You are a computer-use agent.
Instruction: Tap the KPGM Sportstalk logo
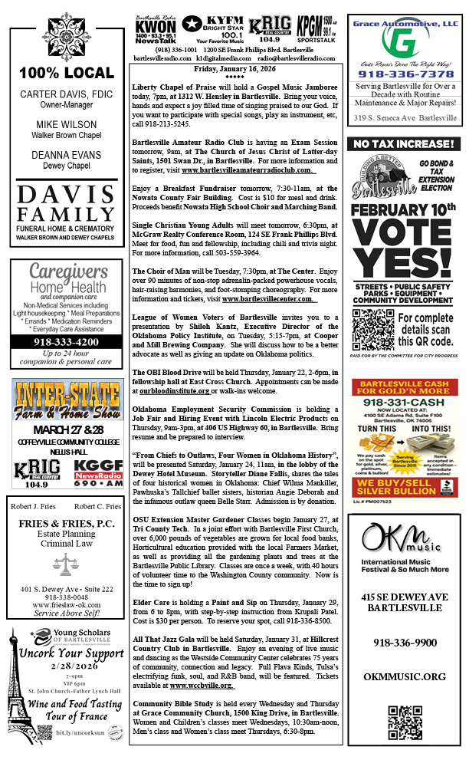(x=316, y=29)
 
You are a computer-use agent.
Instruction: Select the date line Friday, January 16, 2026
(x=237, y=68)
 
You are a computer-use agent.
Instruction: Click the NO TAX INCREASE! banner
(x=403, y=144)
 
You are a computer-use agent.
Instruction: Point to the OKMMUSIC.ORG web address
(x=403, y=677)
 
